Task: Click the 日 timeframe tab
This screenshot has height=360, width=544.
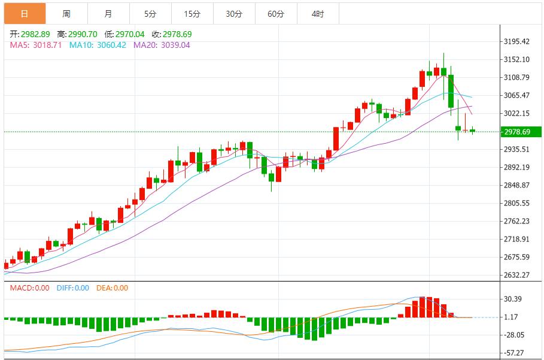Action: [24, 14]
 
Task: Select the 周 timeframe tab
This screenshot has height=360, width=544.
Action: [66, 14]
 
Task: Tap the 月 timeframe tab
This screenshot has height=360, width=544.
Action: [108, 14]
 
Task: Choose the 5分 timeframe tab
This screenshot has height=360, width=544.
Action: [150, 14]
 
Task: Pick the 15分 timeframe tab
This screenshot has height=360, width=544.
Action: [192, 14]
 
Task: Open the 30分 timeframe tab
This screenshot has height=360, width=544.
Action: [234, 14]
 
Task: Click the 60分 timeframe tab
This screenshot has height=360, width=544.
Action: [276, 14]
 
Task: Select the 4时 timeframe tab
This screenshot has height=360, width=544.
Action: [318, 14]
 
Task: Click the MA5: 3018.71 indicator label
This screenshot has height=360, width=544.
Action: [35, 45]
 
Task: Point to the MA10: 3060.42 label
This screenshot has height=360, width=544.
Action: [98, 45]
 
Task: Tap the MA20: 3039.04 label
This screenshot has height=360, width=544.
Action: [162, 45]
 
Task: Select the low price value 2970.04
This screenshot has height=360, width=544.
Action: [126, 34]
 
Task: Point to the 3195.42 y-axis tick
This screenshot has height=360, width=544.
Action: [517, 41]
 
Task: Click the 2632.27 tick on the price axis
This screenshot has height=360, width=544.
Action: [517, 275]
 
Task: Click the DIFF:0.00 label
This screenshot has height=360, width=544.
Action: [73, 288]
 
